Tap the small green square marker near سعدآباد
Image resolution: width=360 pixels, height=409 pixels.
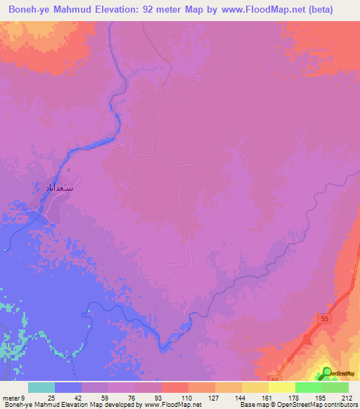click(68, 169)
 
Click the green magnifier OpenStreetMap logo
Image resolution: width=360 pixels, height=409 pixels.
click(326, 372)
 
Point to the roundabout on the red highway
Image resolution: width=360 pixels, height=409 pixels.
click(307, 339)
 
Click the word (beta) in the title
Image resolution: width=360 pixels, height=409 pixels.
click(333, 10)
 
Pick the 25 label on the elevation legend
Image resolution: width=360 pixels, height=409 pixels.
click(51, 397)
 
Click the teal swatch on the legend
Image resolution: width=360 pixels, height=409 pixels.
click(41, 387)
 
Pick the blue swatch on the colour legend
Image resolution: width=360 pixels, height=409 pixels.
click(68, 387)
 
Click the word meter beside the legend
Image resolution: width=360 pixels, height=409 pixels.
click(12, 397)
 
